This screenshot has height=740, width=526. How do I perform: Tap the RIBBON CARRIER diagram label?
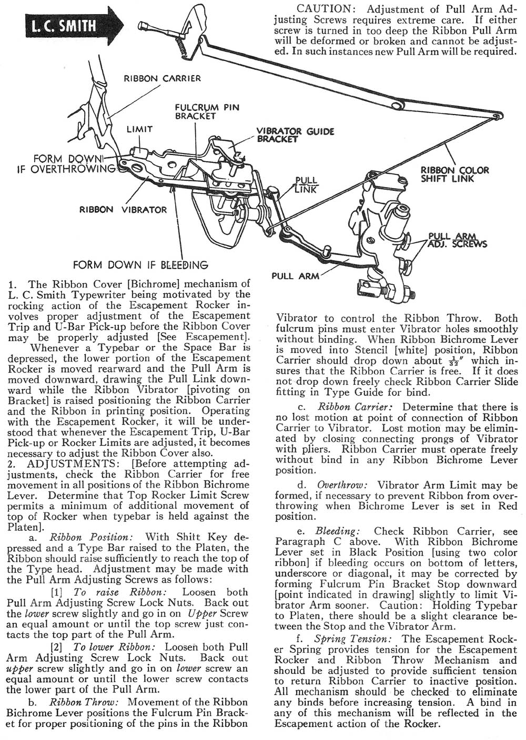[x=162, y=79]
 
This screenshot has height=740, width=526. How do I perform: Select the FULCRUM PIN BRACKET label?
[x=207, y=111]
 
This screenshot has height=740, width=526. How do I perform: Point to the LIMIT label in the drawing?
[x=139, y=129]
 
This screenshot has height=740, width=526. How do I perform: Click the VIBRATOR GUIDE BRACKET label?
[x=295, y=135]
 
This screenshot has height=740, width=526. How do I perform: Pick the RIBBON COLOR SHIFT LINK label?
[x=454, y=174]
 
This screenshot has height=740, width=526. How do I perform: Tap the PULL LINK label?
[x=306, y=184]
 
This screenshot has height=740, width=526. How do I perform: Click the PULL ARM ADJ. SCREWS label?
[x=457, y=240]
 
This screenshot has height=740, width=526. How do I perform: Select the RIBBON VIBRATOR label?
[x=123, y=210]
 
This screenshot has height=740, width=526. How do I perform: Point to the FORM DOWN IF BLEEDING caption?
[x=140, y=265]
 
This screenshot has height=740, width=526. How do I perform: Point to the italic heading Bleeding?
[x=337, y=531]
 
